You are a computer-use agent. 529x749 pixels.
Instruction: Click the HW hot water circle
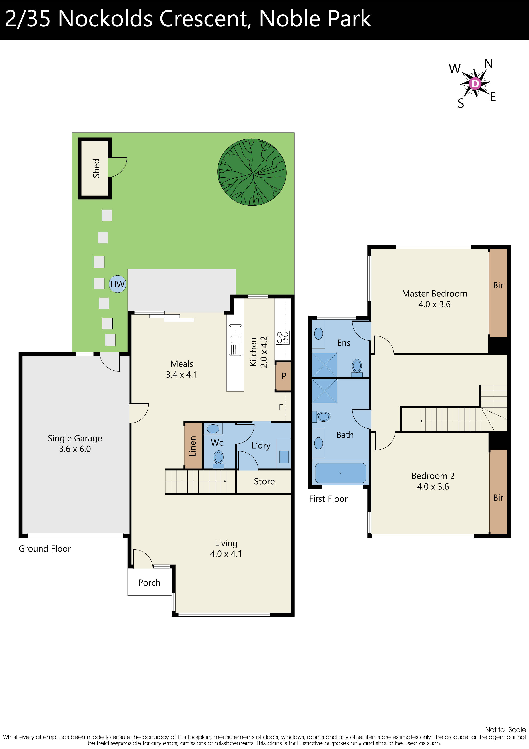coord(117,284)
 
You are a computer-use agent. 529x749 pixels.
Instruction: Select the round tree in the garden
coord(252,172)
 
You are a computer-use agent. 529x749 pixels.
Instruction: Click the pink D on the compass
coord(475,84)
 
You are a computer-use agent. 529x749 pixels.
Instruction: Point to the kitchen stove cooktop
coord(283,338)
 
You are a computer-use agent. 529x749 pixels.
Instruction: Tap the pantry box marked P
coord(283,376)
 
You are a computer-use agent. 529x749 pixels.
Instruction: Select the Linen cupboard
coord(193,446)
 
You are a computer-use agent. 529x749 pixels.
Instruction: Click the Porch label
coord(149,583)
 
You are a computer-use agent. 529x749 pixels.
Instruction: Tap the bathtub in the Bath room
coord(340,473)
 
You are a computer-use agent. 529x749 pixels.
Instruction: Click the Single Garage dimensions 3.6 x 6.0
coord(75,449)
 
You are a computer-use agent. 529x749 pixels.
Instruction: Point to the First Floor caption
coord(328,499)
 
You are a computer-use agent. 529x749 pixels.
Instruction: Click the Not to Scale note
coord(505,730)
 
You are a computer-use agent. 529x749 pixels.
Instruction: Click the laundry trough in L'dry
coord(284,456)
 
